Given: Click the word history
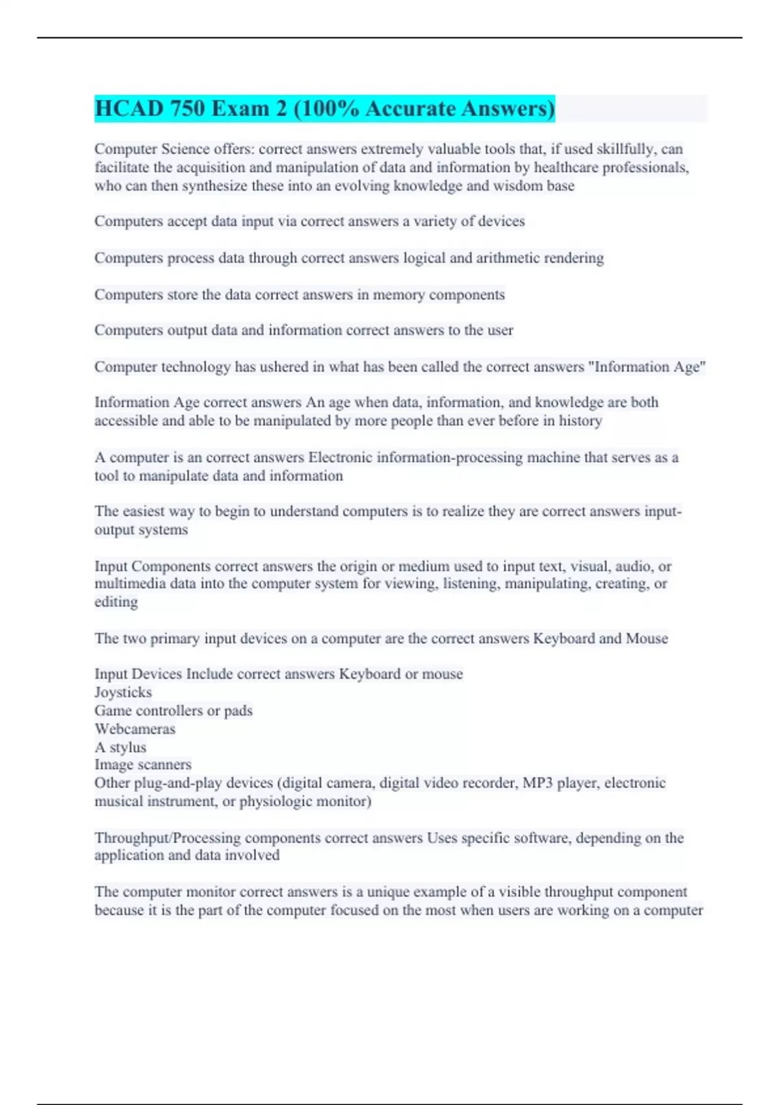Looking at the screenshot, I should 580,421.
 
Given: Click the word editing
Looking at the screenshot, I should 116,602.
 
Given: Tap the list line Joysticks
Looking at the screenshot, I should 123,692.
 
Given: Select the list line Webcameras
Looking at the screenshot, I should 135,729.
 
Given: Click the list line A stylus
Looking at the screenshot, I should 120,747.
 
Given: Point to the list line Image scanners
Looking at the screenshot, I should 143,764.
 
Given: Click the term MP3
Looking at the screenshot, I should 538,783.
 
